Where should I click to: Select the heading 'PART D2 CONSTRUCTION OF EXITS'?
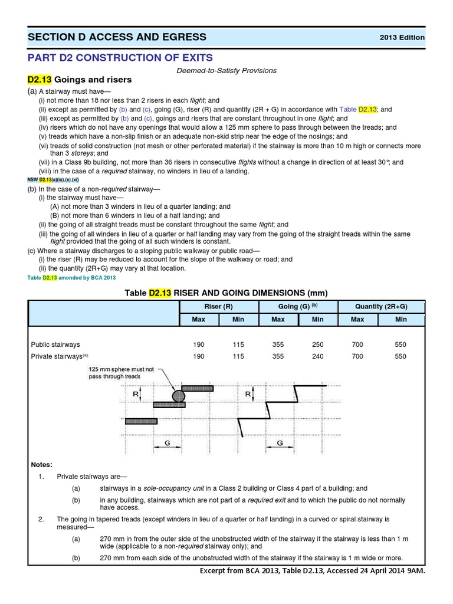120,57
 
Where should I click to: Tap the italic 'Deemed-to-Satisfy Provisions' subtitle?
226,70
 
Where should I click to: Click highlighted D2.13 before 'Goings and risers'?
40,80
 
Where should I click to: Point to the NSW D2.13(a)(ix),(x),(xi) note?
54,179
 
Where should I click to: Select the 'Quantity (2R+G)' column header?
381,307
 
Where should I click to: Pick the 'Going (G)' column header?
298,307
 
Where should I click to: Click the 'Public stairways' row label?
57,344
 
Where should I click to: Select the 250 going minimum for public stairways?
317,344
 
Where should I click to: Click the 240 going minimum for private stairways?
317,356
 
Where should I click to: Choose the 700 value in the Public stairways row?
357,344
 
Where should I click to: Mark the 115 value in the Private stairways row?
238,356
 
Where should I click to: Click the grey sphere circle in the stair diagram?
178,395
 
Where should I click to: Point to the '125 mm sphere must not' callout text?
121,369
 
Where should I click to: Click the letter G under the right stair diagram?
280,442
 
